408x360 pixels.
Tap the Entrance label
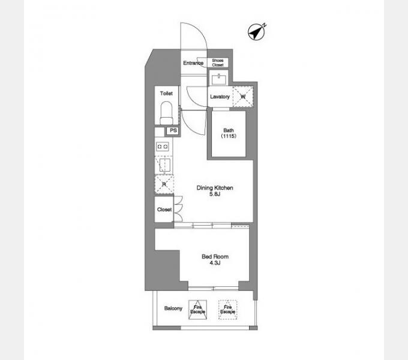[193, 63]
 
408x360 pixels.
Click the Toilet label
[166, 94]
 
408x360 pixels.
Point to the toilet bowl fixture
[166, 112]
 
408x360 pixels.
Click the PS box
[173, 131]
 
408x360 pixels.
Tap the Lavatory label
[220, 97]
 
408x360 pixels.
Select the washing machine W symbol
[244, 96]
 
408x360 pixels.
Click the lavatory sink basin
[219, 79]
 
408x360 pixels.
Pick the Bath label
[229, 131]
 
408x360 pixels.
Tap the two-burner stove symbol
[163, 146]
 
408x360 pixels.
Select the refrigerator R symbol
[163, 185]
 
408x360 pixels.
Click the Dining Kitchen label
[215, 188]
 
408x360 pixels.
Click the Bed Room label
[215, 257]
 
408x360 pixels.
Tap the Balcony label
[173, 309]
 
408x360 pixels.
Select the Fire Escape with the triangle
[197, 309]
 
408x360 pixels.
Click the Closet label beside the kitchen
[164, 209]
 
